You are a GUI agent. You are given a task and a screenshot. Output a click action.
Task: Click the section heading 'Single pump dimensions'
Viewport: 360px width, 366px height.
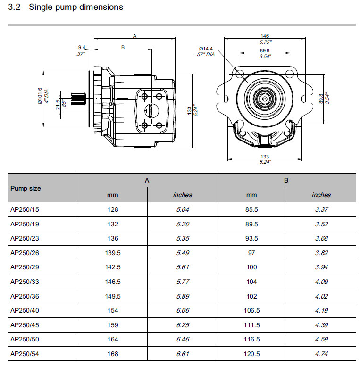tap(75, 7)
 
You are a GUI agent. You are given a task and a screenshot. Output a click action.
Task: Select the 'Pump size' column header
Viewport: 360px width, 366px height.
tap(25, 188)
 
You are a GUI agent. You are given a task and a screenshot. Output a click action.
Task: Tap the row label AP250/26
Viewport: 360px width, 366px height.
tap(25, 253)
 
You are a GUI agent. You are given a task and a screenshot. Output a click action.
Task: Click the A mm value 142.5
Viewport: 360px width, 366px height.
tap(112, 267)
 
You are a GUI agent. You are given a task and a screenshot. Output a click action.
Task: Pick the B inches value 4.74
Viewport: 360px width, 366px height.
tap(321, 354)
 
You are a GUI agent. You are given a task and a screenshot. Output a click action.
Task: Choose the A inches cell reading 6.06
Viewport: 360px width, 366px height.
tap(182, 310)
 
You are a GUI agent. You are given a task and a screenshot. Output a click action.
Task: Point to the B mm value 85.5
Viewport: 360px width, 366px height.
tap(251, 209)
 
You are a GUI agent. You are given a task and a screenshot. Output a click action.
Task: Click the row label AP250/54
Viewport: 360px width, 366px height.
tap(25, 354)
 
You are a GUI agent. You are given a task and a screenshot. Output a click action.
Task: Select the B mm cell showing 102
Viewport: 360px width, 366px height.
tap(251, 296)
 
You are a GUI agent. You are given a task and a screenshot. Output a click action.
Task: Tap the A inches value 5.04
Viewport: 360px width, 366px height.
tap(182, 209)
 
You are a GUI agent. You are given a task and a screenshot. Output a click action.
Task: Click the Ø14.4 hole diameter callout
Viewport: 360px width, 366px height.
tap(206, 49)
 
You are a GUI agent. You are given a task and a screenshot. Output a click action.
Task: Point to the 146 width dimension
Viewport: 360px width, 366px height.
tap(265, 36)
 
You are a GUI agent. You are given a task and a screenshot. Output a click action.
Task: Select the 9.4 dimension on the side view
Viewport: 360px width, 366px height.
tap(81, 47)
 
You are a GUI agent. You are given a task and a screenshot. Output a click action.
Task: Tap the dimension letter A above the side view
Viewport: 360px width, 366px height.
tap(134, 36)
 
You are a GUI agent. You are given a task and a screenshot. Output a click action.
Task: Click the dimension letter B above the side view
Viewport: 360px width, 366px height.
tap(123, 47)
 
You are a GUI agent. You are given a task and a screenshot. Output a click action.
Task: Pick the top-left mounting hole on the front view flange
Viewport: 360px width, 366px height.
tap(239, 74)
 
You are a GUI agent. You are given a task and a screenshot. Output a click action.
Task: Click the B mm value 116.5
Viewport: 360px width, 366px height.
tap(251, 340)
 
